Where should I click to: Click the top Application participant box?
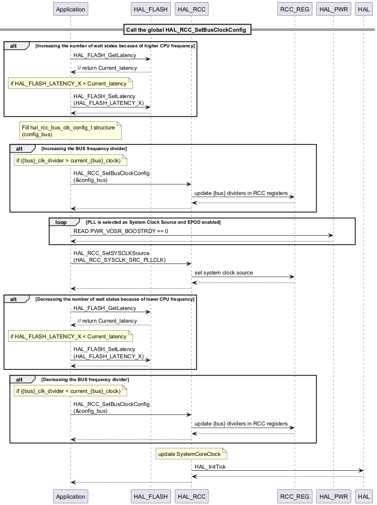pyautogui.click(x=71, y=9)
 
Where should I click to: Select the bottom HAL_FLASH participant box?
pyautogui.click(x=150, y=497)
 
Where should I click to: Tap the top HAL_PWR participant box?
pyautogui.click(x=333, y=9)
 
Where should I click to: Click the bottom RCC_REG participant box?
pyautogui.click(x=295, y=497)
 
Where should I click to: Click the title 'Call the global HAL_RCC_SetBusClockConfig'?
pyautogui.click(x=186, y=30)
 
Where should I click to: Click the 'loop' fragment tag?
pyautogui.click(x=61, y=222)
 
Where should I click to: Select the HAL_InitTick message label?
pyautogui.click(x=213, y=467)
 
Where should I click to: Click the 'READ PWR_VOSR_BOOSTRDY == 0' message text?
pyautogui.click(x=121, y=231)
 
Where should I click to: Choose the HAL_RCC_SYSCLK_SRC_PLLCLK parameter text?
pyautogui.click(x=119, y=260)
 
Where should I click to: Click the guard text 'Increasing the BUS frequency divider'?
pyautogui.click(x=84, y=148)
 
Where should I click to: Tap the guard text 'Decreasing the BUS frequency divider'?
pyautogui.click(x=85, y=379)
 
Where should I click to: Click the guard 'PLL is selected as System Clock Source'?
pyautogui.click(x=153, y=222)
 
